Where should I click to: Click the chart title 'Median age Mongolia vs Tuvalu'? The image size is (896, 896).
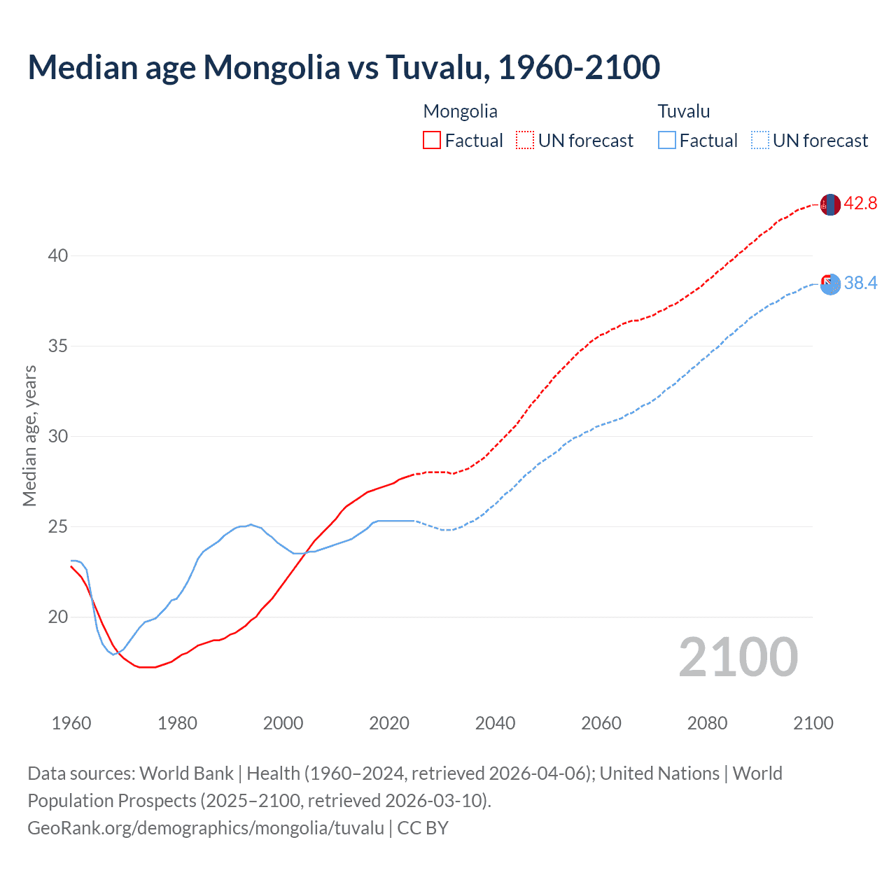point(343,67)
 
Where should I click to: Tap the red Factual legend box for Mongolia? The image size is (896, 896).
point(432,140)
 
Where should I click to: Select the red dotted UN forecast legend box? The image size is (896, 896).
point(525,140)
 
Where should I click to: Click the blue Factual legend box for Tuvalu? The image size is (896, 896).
point(667,140)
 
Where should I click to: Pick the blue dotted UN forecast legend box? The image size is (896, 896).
point(759,140)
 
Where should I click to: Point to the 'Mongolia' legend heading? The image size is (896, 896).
point(460,111)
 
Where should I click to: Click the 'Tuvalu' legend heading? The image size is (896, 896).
point(683,111)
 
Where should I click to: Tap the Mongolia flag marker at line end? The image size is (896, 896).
point(829,204)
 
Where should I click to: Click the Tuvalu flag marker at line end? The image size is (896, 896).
point(829,284)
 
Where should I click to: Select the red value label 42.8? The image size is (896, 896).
point(860,204)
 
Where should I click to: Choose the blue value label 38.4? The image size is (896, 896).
point(860,283)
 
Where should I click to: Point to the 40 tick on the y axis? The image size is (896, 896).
point(58,255)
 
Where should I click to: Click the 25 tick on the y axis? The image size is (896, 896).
point(58,526)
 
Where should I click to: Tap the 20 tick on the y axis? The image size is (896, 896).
point(58,617)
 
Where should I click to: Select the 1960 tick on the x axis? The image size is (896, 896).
point(71,723)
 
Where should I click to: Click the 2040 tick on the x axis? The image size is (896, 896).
point(495,723)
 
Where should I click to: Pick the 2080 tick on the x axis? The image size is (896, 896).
point(707,723)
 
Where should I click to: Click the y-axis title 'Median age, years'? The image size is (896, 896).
point(29,435)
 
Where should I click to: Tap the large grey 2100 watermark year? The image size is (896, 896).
point(738,657)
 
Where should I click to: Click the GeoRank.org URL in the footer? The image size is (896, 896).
point(206,828)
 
